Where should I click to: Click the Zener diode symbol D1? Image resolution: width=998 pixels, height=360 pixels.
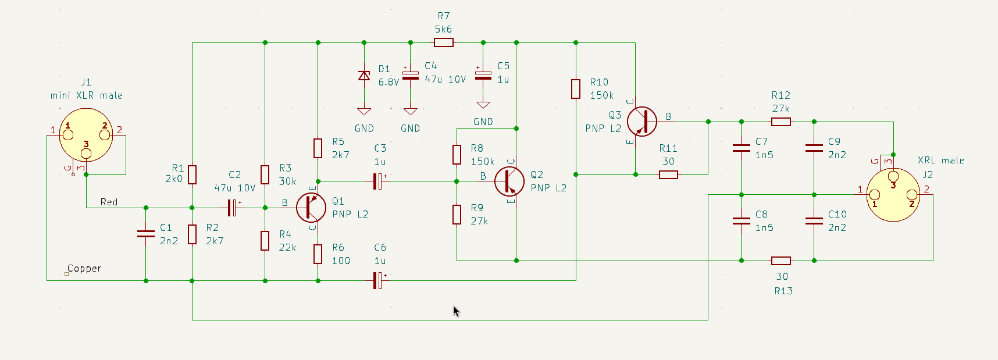(x=364, y=76)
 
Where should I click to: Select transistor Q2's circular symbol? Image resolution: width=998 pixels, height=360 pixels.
(x=509, y=181)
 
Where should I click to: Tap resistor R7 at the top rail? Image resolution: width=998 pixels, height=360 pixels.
(x=444, y=42)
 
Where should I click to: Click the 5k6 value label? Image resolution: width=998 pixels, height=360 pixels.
(x=443, y=29)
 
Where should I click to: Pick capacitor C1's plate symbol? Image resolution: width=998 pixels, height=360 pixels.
(x=145, y=234)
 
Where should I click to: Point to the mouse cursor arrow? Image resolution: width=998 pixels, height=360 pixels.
(x=456, y=311)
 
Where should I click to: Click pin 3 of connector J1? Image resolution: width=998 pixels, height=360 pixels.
(x=86, y=154)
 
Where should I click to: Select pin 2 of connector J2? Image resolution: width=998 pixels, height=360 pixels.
(x=912, y=195)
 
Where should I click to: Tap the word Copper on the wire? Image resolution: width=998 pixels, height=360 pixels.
(x=84, y=269)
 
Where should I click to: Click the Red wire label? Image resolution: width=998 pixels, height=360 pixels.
(x=109, y=202)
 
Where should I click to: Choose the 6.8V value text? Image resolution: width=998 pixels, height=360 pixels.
(x=388, y=82)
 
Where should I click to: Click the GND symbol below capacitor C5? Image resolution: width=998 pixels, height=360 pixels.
(x=483, y=105)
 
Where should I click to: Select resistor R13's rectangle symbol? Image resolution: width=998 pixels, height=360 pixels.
(x=781, y=261)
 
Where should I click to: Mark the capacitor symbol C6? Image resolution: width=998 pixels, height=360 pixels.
(x=378, y=280)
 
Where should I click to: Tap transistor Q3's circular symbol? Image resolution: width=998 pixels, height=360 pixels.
(x=642, y=122)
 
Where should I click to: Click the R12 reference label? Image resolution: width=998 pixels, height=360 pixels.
(x=780, y=95)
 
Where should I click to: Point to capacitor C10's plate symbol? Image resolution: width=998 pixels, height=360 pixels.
(x=814, y=221)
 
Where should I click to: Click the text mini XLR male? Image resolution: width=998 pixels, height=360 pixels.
(x=87, y=95)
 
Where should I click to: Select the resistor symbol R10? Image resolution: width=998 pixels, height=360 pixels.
(x=576, y=89)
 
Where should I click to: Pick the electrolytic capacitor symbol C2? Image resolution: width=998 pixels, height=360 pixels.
(x=233, y=208)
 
